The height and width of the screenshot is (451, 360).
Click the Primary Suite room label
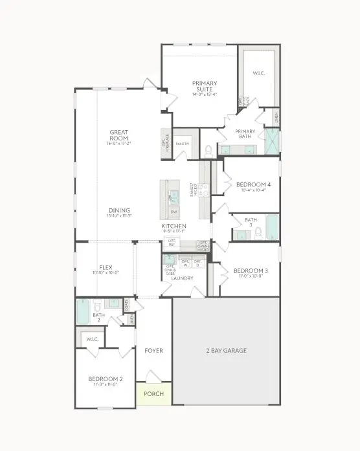(x=204, y=85)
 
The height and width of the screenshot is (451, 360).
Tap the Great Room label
(x=118, y=135)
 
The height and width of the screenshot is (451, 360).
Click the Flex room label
(x=106, y=267)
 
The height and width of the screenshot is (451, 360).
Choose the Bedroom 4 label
(x=249, y=184)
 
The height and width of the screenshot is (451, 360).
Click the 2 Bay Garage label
(x=227, y=351)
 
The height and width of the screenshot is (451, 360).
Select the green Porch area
(x=153, y=394)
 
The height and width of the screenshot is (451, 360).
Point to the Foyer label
(x=153, y=351)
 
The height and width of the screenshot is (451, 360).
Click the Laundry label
(x=183, y=278)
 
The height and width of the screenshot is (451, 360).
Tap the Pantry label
(x=183, y=144)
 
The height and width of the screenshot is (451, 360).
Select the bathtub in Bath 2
(x=82, y=311)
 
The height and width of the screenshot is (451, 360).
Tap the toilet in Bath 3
(x=258, y=232)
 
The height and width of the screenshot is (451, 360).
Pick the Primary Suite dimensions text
(x=204, y=94)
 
